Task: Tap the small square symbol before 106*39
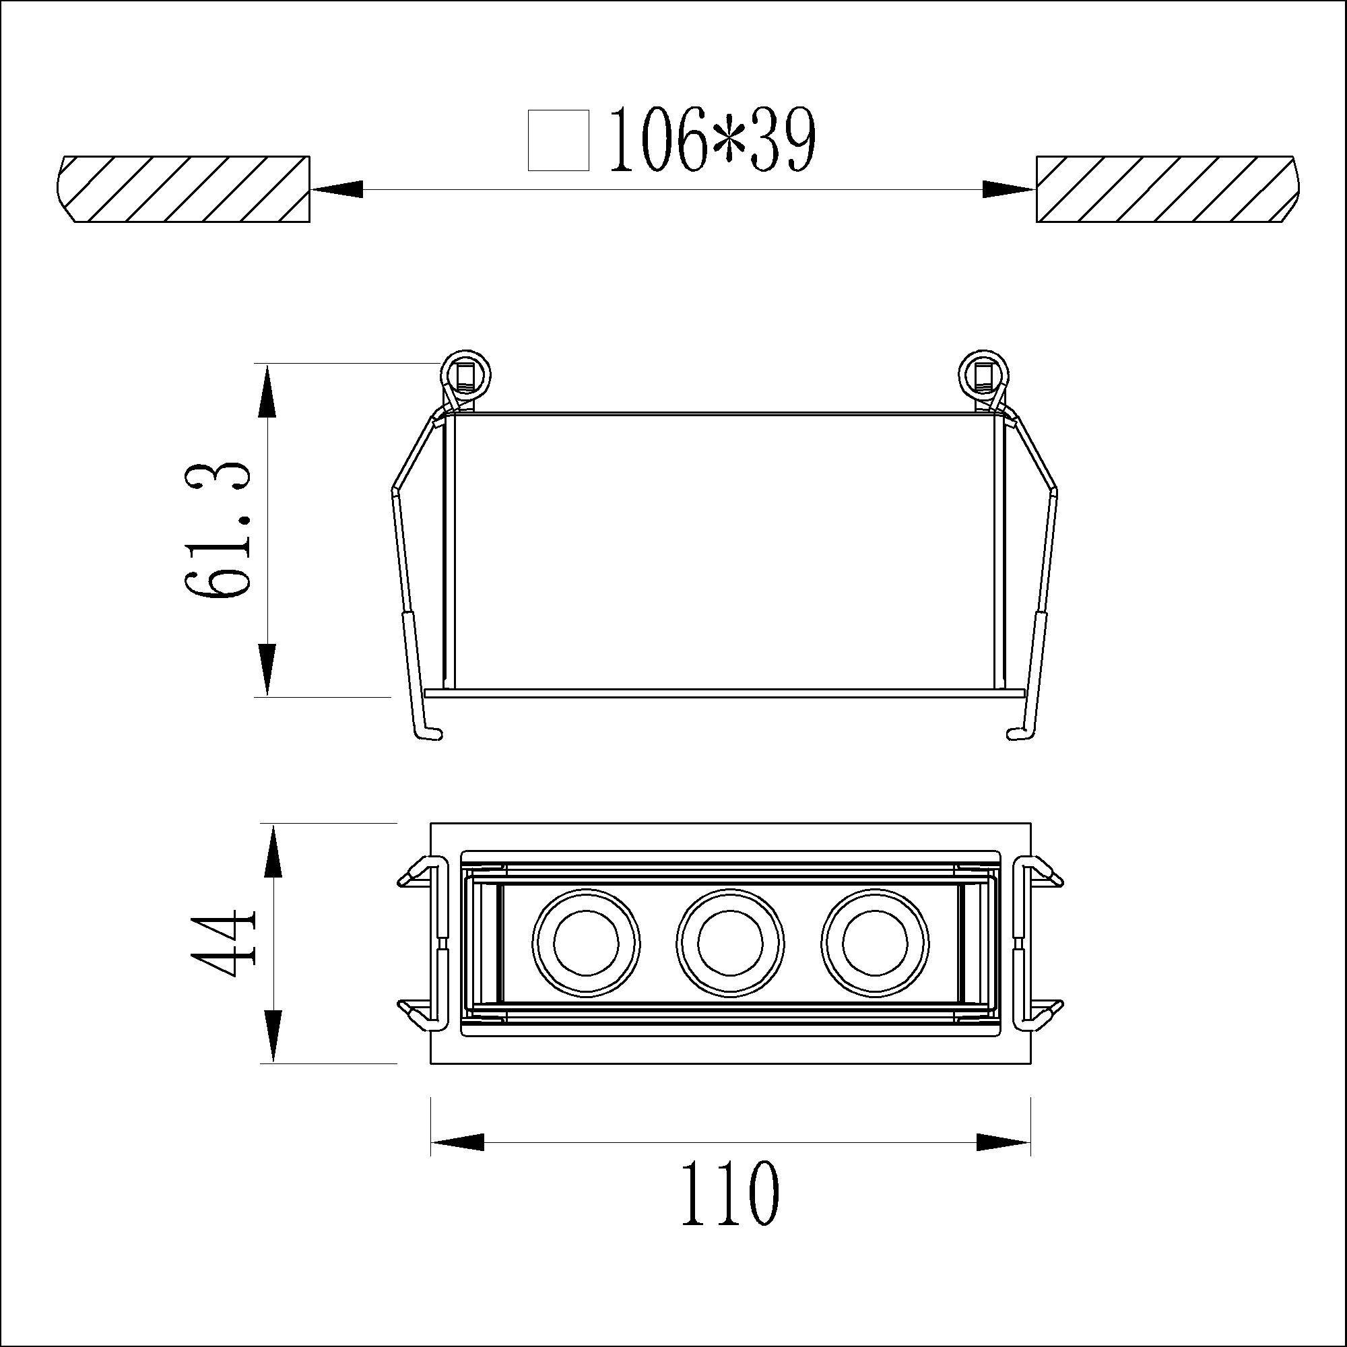558,140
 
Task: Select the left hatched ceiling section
183,189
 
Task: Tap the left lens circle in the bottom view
586,943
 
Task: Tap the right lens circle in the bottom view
875,943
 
